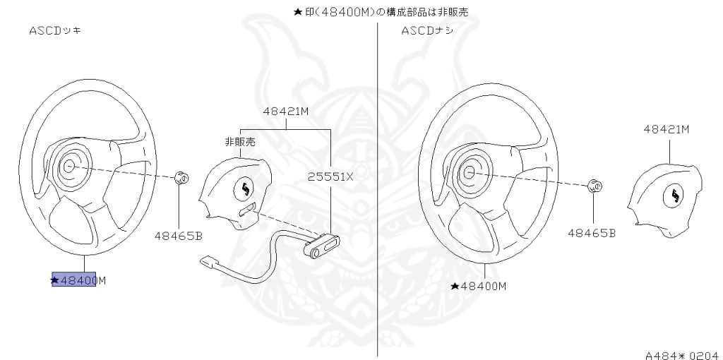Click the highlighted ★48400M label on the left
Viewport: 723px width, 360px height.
[x=78, y=280]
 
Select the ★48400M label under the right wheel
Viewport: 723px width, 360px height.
[x=479, y=286]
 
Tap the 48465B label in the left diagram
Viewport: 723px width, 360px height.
[x=179, y=236]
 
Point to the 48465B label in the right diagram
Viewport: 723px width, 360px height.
[x=592, y=232]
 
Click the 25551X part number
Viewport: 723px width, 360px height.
[x=330, y=177]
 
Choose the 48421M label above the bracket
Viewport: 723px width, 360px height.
[x=286, y=112]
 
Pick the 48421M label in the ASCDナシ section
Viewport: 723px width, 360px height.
[x=666, y=129]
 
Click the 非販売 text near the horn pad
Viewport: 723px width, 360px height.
[x=240, y=142]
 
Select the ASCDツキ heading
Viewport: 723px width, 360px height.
[x=54, y=31]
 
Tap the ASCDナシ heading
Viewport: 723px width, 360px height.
[x=427, y=31]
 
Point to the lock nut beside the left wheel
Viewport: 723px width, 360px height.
[x=180, y=177]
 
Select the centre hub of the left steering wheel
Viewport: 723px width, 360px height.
[x=68, y=167]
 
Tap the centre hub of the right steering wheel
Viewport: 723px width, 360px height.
[x=468, y=172]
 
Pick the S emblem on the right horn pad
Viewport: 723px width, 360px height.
[x=676, y=196]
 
